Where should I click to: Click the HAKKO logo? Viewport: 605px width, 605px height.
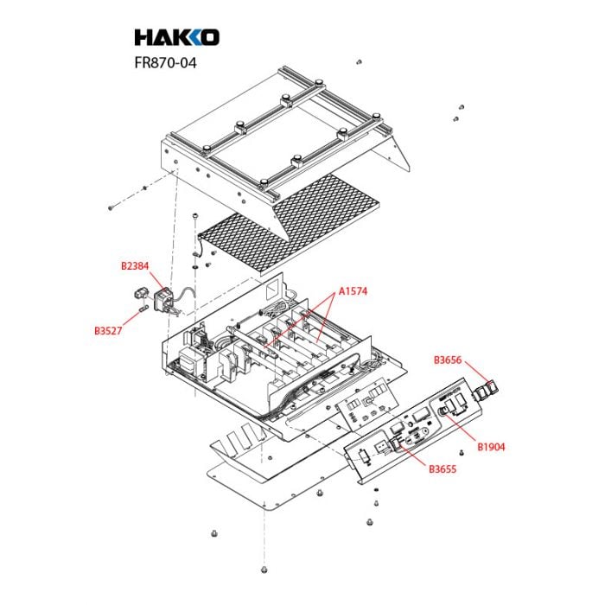[x=177, y=37]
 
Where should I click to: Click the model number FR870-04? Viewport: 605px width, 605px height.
[x=166, y=62]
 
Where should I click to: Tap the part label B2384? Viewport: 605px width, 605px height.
[x=135, y=266]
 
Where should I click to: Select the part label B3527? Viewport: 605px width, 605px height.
[x=108, y=331]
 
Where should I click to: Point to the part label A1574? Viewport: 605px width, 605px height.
[x=353, y=291]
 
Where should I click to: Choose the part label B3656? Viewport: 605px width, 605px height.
[x=448, y=360]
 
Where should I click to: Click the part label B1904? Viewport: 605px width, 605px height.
[x=491, y=447]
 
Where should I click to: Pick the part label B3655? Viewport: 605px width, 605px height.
[x=443, y=469]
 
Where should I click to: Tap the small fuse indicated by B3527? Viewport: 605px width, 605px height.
[x=143, y=309]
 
